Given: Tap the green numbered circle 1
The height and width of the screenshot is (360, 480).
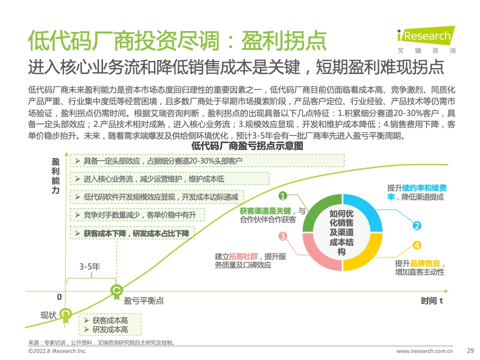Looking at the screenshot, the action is [x=282, y=195].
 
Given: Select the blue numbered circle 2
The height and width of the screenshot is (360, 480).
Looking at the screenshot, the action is [x=416, y=225].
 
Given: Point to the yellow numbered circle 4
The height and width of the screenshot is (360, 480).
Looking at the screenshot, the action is [x=416, y=245].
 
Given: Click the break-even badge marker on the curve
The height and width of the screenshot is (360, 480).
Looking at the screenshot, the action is [x=116, y=291].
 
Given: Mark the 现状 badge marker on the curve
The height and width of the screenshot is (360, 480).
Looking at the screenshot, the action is [x=65, y=315].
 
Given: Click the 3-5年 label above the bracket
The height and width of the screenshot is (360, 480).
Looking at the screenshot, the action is [x=89, y=266].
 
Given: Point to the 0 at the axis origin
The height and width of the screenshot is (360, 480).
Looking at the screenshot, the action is [x=59, y=297].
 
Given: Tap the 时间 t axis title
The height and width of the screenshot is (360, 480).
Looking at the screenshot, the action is [x=432, y=301].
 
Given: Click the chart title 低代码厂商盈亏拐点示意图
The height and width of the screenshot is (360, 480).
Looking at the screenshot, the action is [x=247, y=145].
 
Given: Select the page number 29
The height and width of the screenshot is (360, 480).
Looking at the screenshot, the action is [x=470, y=351].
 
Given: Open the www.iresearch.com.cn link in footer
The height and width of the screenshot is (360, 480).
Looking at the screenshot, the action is [x=424, y=351].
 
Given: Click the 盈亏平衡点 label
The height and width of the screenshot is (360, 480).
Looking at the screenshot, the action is [x=143, y=301].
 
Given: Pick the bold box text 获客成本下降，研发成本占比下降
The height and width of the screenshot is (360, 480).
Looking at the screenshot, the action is [x=136, y=233].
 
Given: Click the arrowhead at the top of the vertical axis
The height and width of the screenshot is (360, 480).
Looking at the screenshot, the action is [x=66, y=154].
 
